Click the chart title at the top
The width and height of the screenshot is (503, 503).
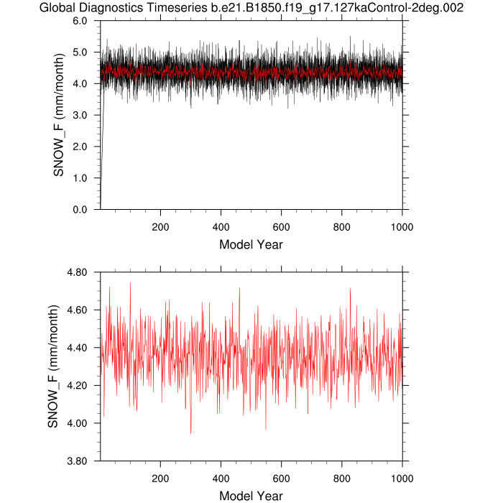click(x=251, y=8)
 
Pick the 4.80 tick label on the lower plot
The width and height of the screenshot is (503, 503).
click(x=75, y=272)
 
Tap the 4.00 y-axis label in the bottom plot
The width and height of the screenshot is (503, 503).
click(x=75, y=423)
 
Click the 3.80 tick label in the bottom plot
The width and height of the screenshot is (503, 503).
click(x=75, y=461)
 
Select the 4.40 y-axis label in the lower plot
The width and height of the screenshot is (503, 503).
click(x=75, y=348)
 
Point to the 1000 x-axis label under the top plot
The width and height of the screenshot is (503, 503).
click(x=402, y=224)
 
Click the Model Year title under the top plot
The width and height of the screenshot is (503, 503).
click(x=251, y=244)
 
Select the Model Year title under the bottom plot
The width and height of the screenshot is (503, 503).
click(x=251, y=496)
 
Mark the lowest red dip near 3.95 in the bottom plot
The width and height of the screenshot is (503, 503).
click(x=190, y=433)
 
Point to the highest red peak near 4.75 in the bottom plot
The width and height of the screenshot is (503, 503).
click(x=130, y=283)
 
